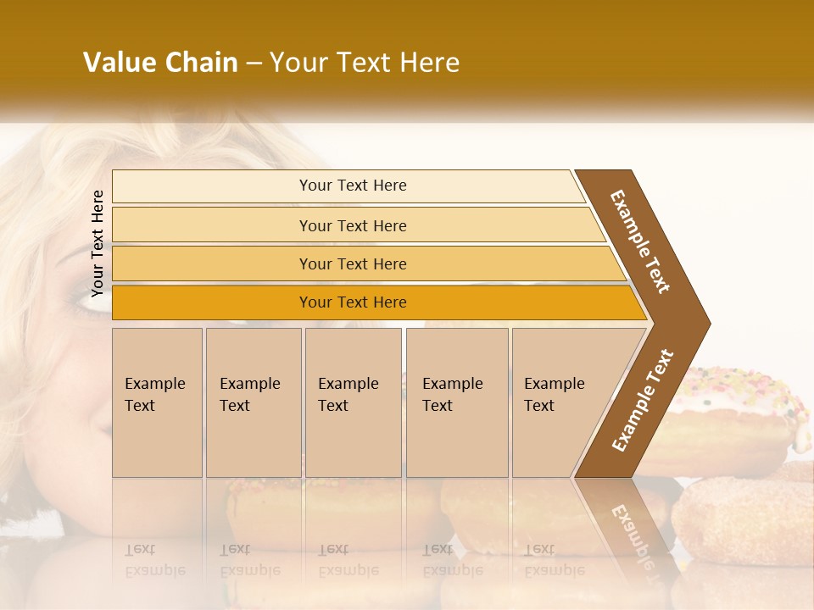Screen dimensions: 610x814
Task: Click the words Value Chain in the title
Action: [x=160, y=63]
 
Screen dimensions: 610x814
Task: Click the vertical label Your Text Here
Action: [x=98, y=243]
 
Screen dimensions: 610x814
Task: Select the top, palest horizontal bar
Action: [x=348, y=186]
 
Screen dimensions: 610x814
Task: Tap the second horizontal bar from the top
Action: [x=356, y=225]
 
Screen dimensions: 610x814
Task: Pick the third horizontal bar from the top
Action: [x=365, y=263]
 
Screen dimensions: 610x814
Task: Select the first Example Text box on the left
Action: [x=157, y=402]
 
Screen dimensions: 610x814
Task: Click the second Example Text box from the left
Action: [x=254, y=402]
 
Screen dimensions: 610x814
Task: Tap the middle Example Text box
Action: [x=353, y=402]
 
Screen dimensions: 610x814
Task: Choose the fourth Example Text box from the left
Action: [x=457, y=402]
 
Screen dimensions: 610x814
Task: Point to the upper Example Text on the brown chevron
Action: [x=641, y=241]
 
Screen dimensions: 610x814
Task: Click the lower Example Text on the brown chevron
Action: [x=643, y=400]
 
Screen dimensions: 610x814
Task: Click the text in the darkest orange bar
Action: [x=353, y=302]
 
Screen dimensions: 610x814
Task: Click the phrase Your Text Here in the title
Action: [x=365, y=63]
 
